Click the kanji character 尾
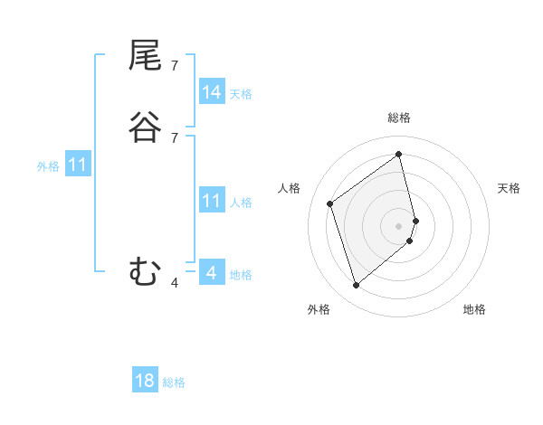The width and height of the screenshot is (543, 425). click(x=145, y=58)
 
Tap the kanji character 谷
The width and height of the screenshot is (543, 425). click(x=145, y=127)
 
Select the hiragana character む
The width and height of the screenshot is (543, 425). click(x=145, y=271)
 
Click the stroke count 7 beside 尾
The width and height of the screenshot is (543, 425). click(x=174, y=66)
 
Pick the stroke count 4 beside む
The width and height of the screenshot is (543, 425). click(x=174, y=282)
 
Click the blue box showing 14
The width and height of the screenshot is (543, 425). click(x=212, y=92)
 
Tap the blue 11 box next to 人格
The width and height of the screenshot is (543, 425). click(x=212, y=202)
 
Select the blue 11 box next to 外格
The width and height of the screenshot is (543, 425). click(x=78, y=165)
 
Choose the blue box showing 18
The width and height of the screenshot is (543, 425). click(x=145, y=381)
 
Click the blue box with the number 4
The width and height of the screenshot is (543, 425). click(x=212, y=273)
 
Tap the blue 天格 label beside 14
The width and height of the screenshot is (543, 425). click(x=241, y=94)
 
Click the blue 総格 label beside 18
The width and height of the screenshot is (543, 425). click(x=174, y=382)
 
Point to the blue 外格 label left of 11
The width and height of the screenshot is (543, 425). click(x=48, y=166)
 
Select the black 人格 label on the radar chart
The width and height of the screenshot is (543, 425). click(x=289, y=188)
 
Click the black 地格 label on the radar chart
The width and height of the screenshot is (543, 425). click(x=474, y=309)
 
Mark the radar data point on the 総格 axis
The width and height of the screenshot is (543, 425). click(x=399, y=154)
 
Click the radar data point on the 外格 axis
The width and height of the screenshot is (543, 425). click(x=356, y=286)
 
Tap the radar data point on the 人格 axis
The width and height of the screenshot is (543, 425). click(x=330, y=203)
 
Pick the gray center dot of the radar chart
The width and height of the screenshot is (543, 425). click(x=399, y=224)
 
